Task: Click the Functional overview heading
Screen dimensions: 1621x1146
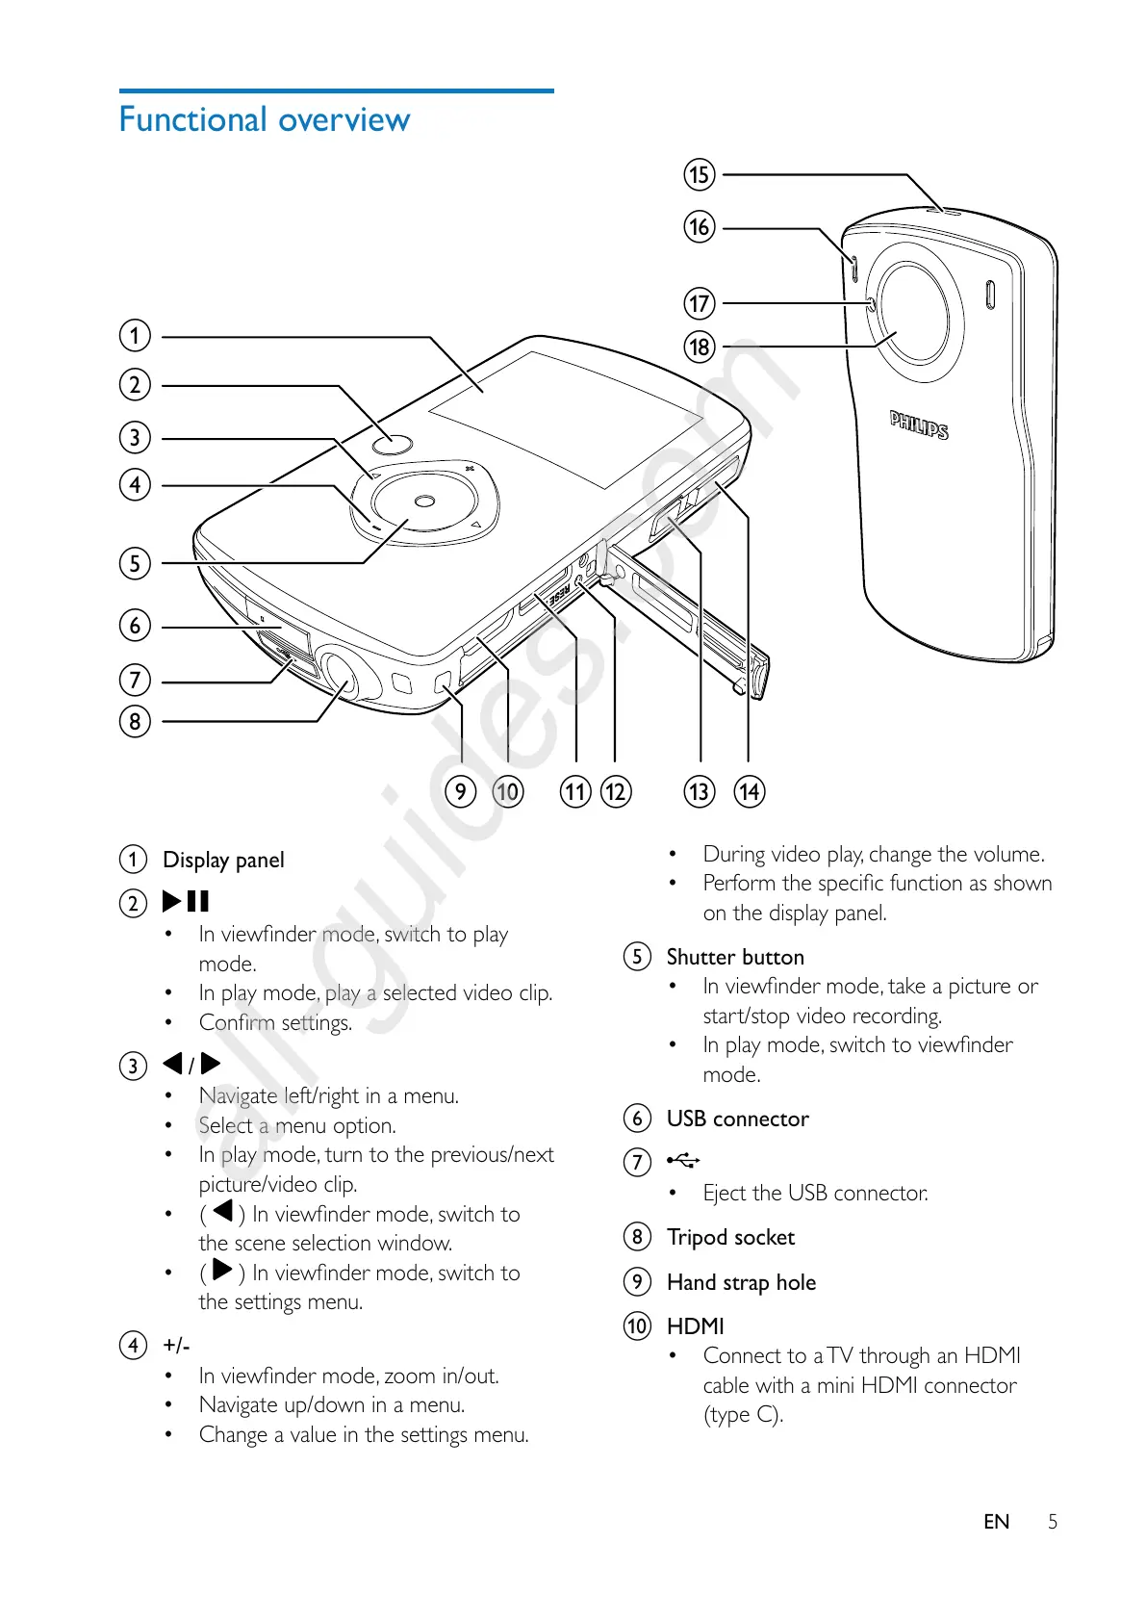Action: (265, 120)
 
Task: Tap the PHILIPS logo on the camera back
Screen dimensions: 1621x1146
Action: (919, 425)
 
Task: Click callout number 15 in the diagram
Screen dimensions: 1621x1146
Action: (700, 175)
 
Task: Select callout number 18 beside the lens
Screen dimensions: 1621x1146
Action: (700, 347)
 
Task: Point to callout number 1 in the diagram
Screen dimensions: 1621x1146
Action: (135, 335)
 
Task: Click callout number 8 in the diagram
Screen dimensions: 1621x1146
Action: (135, 721)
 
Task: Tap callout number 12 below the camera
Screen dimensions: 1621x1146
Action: (615, 791)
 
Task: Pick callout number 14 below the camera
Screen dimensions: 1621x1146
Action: (749, 791)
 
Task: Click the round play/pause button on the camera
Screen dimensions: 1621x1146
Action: (392, 444)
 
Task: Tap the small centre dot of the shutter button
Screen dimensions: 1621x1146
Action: (425, 501)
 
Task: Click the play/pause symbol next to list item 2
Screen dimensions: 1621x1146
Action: (186, 901)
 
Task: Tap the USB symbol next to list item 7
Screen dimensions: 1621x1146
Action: (683, 1161)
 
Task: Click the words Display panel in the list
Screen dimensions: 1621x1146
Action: (223, 860)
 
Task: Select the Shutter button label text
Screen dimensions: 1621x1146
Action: (735, 957)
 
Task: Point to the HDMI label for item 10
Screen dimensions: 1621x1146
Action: (695, 1326)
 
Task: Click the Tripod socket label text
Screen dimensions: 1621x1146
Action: (730, 1237)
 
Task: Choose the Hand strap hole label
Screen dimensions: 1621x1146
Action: (741, 1282)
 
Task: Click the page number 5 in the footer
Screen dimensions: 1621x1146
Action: (1053, 1522)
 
